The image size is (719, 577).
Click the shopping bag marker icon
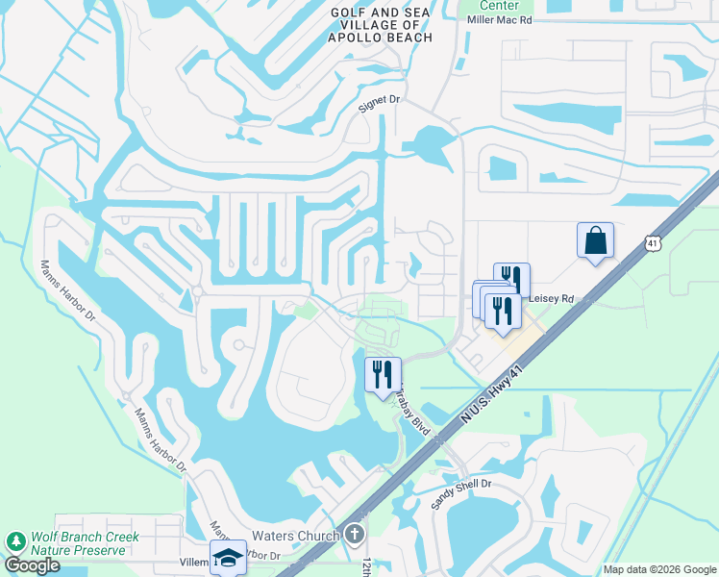click(595, 239)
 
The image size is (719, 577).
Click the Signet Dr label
click(378, 99)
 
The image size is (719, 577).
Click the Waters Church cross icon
click(355, 534)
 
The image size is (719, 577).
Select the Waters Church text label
click(295, 536)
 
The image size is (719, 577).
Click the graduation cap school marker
click(229, 557)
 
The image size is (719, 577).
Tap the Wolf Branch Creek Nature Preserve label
click(78, 543)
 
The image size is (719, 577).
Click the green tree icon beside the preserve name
click(15, 542)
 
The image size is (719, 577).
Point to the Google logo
click(31, 565)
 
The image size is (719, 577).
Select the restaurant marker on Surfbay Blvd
click(383, 373)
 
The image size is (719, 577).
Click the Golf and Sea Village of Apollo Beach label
click(381, 24)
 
